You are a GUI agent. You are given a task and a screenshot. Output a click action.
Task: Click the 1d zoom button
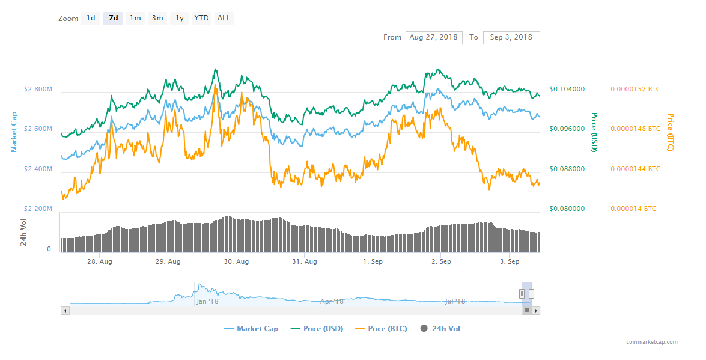pyautogui.click(x=91, y=18)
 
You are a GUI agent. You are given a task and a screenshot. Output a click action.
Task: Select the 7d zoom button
pyautogui.click(x=112, y=18)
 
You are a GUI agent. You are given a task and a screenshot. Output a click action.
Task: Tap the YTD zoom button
pyautogui.click(x=201, y=18)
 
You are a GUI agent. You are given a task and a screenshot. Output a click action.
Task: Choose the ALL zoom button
pyautogui.click(x=224, y=18)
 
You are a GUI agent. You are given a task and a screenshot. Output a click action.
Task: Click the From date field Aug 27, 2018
pyautogui.click(x=433, y=37)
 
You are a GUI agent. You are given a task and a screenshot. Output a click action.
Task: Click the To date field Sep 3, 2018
pyautogui.click(x=511, y=37)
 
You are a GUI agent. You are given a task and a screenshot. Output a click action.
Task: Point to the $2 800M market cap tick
pyautogui.click(x=38, y=90)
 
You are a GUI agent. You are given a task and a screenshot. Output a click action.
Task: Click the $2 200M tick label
pyautogui.click(x=38, y=209)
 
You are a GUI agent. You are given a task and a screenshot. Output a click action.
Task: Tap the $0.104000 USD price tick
pyautogui.click(x=567, y=89)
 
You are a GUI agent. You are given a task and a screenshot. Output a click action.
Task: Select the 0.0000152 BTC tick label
pyautogui.click(x=635, y=89)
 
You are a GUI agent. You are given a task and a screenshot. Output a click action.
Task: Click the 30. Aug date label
pyautogui.click(x=236, y=262)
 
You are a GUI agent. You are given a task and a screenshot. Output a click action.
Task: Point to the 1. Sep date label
pyautogui.click(x=373, y=262)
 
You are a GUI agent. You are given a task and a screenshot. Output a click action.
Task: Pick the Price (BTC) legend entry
pyautogui.click(x=382, y=329)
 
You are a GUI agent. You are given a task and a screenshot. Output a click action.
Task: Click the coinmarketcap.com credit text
pyautogui.click(x=651, y=343)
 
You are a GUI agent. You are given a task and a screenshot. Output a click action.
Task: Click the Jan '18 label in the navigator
pyautogui.click(x=207, y=301)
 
